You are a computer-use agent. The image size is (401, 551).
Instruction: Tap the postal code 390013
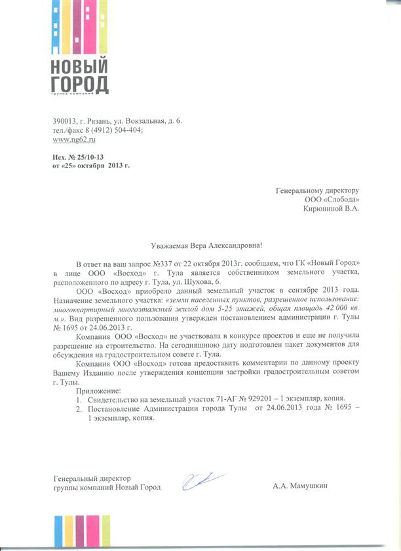tap(64, 122)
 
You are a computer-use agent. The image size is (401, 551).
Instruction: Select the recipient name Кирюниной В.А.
tap(331, 209)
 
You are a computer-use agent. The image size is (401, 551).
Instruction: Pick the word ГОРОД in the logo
tap(79, 84)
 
